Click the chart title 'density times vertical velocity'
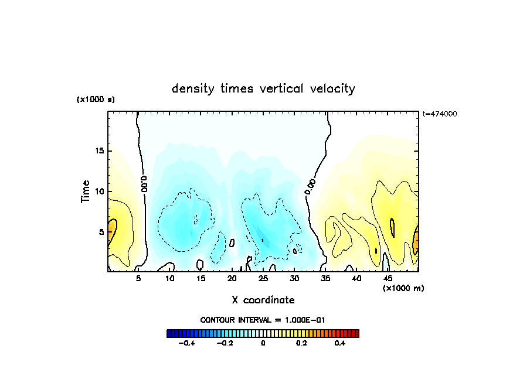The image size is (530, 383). [263, 88]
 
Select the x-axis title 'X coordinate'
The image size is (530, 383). [263, 300]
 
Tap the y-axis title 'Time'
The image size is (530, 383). [86, 191]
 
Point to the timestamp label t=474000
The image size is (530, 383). [439, 114]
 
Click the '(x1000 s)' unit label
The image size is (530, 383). [96, 100]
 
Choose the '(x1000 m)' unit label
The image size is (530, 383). [403, 288]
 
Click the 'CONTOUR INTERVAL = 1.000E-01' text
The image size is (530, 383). [263, 320]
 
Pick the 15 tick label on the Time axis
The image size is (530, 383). [100, 151]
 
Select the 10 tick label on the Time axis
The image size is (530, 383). [100, 191]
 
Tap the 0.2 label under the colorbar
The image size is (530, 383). [301, 344]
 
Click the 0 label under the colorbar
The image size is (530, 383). [263, 344]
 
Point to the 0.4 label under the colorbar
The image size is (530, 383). [339, 344]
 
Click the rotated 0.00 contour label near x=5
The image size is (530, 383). [144, 183]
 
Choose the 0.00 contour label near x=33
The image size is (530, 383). [311, 187]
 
